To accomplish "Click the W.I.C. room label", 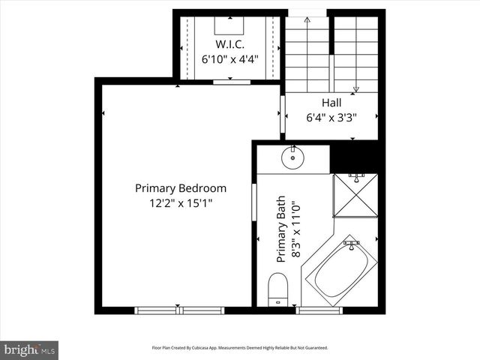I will tap(232, 43).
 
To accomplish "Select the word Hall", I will tap(331, 103).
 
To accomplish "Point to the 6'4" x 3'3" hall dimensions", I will tap(331, 117).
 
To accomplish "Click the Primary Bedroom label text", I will tap(180, 188).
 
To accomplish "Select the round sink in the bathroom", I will tap(292, 157).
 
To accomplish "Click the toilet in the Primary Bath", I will tap(277, 289).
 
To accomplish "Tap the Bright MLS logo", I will tap(29, 349).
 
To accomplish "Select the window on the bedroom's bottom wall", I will tap(179, 310).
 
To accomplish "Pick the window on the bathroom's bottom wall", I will tap(319, 310).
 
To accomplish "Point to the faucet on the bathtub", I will tap(350, 244).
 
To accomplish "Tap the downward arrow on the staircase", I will tap(356, 88).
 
